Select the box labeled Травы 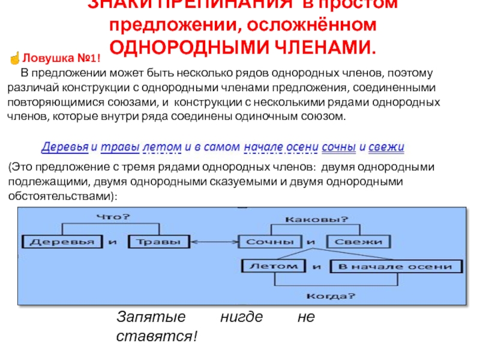tap(157, 242)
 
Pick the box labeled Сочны tap(270, 242)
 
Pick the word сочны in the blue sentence tap(339, 147)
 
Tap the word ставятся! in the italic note tap(156, 337)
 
